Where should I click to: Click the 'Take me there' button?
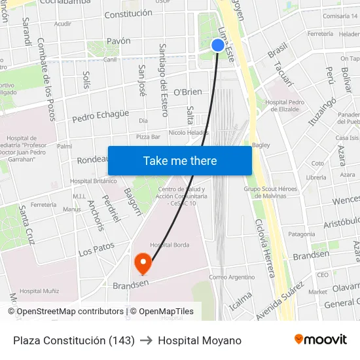[x=180, y=161]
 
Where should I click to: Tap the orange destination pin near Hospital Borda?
[x=142, y=263]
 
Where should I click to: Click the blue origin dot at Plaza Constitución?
[x=217, y=45]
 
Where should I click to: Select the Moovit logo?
[x=321, y=340]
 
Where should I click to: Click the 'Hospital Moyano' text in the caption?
[x=200, y=340]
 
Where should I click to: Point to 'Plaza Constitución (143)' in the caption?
[x=74, y=340]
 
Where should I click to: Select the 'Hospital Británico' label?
[x=93, y=181]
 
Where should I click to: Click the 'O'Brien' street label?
[x=188, y=92]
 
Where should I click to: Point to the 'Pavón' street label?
[x=118, y=41]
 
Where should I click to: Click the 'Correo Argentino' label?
[x=232, y=278]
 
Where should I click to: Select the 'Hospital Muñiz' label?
[x=39, y=291]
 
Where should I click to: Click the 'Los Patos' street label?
[x=96, y=249]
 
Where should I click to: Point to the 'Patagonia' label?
[x=302, y=234]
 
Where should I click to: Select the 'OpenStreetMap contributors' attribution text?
[x=69, y=312]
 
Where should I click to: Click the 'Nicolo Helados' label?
[x=188, y=132]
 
